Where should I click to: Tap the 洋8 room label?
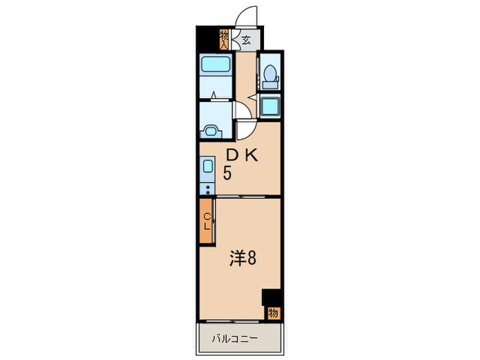coord(243,259)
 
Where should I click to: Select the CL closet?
coord(206,220)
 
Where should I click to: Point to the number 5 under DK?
coord(226,173)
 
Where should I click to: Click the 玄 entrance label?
coord(246,40)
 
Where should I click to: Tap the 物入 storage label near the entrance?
coord(224,39)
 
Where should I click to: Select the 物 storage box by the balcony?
coord(273,313)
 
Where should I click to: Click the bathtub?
coord(216,66)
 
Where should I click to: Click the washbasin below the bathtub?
coord(211,128)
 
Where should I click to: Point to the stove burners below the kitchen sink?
coord(206,187)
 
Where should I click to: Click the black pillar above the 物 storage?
coord(272,298)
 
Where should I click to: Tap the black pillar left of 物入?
coord(207,38)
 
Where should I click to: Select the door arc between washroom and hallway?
coord(241,110)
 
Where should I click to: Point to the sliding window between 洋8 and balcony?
coord(240,320)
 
